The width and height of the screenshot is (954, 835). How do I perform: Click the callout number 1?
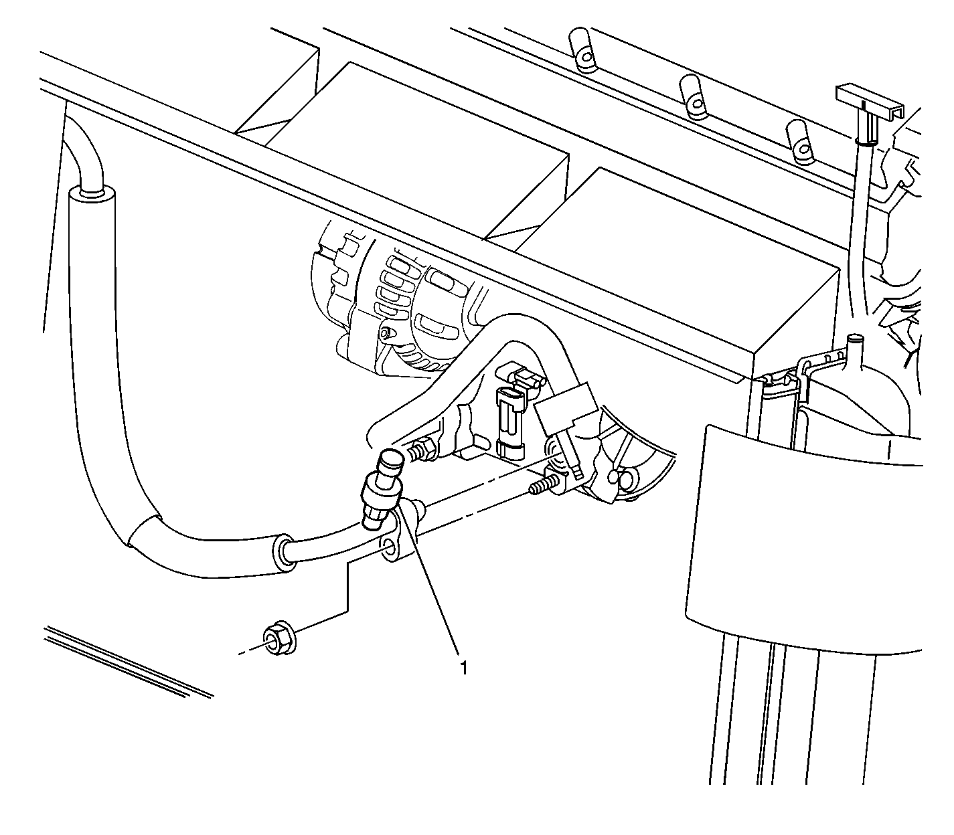[x=463, y=668]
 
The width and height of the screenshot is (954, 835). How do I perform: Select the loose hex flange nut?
[x=279, y=639]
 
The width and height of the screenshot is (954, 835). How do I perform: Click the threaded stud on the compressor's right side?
[x=542, y=484]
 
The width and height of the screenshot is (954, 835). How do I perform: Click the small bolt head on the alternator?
[x=385, y=333]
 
